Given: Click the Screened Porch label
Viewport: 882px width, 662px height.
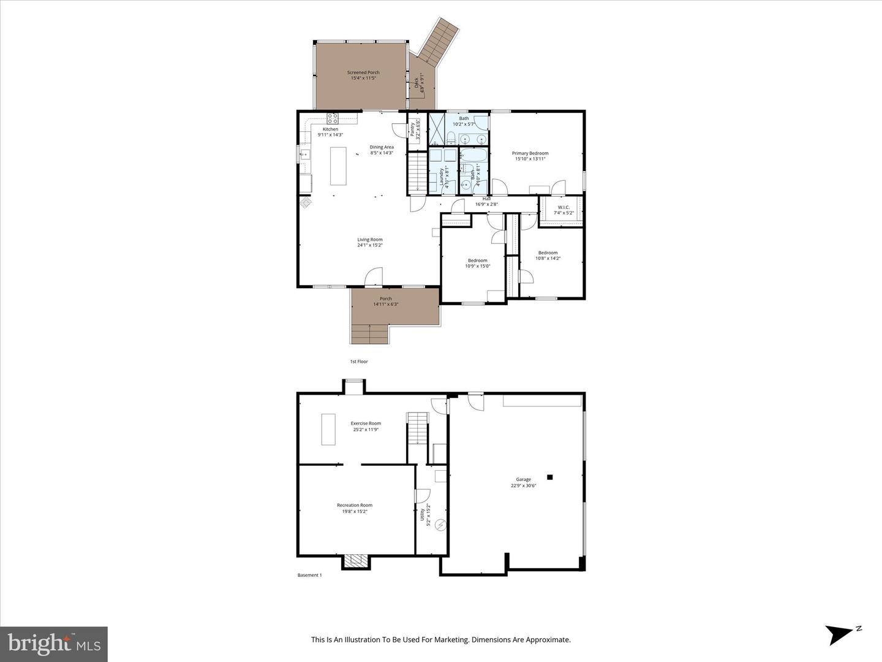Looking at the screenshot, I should [363, 72].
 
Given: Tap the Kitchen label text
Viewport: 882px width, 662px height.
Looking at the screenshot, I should [330, 129].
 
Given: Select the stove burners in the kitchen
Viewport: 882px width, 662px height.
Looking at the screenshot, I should [333, 118].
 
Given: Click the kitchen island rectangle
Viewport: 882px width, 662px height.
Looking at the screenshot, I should [338, 166].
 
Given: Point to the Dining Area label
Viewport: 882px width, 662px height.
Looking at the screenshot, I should [381, 147].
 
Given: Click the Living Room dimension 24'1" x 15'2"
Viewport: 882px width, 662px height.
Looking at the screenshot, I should [370, 245].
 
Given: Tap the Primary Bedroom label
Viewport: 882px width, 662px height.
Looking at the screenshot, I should [530, 153].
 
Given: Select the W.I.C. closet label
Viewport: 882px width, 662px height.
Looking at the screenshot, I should [562, 207].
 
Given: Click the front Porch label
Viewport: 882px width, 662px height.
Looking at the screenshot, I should [385, 299].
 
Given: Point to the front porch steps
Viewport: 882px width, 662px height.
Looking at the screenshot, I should [370, 334].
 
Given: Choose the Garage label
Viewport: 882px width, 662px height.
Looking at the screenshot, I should [523, 479].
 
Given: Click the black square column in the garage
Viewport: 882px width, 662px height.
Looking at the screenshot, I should [550, 477].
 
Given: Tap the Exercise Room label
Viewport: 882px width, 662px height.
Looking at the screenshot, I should [366, 423].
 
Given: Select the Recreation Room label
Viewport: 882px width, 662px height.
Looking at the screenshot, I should [354, 505].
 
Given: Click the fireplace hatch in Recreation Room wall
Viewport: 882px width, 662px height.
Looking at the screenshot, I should [356, 560].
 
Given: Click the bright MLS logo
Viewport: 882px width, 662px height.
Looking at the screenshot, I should [54, 644].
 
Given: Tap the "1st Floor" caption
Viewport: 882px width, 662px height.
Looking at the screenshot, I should [359, 362].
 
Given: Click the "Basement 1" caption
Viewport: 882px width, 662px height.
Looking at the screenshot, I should [309, 575].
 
